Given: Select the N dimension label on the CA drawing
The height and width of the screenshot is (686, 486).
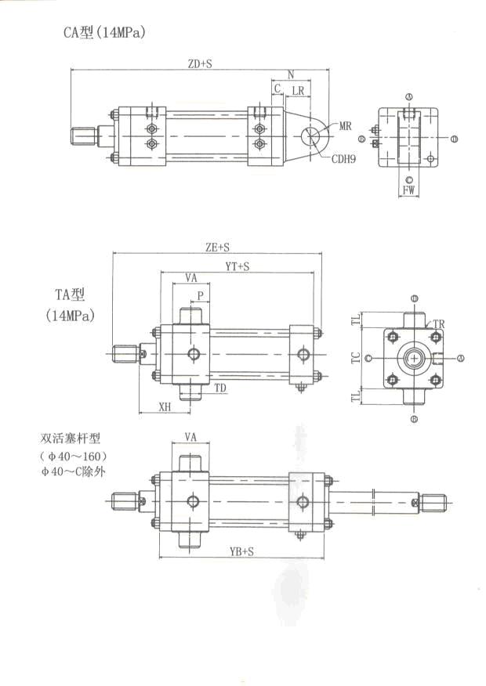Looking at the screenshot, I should click(291, 75).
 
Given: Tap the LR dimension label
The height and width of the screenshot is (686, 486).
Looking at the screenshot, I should click(298, 92).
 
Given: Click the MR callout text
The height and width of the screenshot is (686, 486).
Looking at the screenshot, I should click(346, 125).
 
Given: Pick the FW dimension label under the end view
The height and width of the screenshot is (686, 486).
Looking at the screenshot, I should click(408, 190).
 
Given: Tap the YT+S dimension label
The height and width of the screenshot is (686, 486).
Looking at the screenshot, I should click(237, 267).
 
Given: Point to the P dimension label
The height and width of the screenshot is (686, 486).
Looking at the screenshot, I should click(201, 296).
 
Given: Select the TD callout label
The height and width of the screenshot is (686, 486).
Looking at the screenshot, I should click(221, 387).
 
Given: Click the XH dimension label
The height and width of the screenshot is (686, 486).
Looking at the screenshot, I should click(165, 407).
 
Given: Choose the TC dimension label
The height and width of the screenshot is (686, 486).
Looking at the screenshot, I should click(356, 358).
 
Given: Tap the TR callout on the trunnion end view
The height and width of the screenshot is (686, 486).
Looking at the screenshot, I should click(439, 323).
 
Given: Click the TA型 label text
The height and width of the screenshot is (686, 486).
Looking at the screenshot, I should click(68, 295).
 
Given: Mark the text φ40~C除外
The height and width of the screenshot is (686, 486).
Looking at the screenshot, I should click(72, 471).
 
